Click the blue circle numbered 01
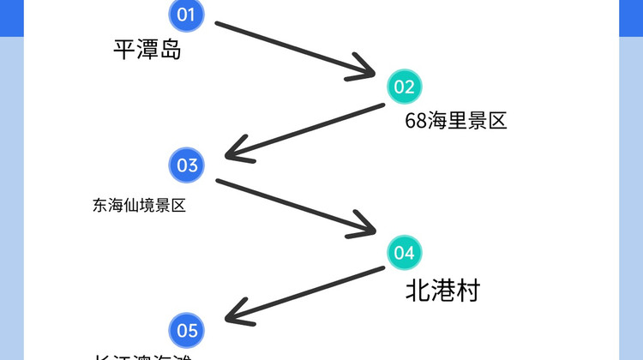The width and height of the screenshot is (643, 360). click(187, 15)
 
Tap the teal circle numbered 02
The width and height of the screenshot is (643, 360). click(404, 87)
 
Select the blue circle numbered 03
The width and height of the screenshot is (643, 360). click(188, 165)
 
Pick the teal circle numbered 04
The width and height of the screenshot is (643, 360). click(404, 252)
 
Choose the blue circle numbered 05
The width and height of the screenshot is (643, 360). click(188, 330)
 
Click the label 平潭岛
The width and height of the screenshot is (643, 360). click(147, 50)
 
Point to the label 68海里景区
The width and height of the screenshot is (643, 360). click(456, 121)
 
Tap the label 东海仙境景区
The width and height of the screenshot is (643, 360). click(139, 206)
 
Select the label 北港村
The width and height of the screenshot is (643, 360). click(442, 291)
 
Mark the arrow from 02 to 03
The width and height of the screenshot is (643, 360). click(304, 131)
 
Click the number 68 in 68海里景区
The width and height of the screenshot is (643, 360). click(416, 121)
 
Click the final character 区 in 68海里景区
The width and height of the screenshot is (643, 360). click(497, 121)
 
